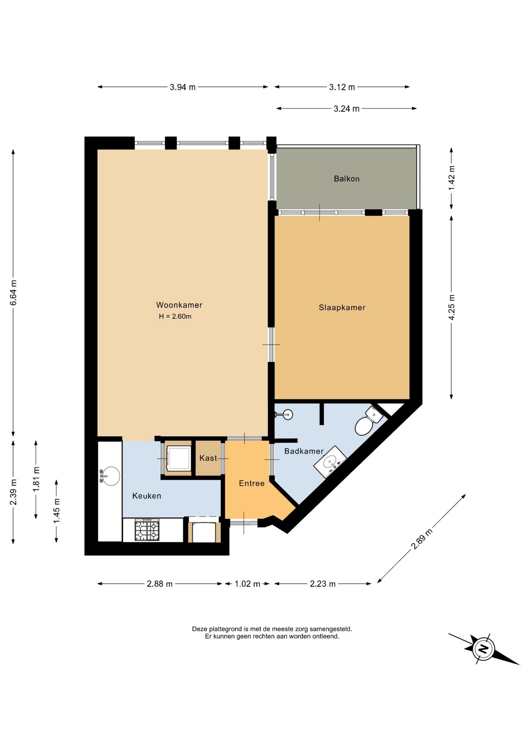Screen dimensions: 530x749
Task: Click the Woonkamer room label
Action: pyautogui.click(x=179, y=305)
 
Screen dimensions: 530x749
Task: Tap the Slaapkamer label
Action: pyautogui.click(x=342, y=307)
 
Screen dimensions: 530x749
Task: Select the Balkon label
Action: pyautogui.click(x=347, y=179)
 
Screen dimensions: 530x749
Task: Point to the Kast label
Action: pyautogui.click(x=208, y=458)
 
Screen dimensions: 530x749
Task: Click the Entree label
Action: pyautogui.click(x=252, y=483)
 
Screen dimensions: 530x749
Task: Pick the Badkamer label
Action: pyautogui.click(x=304, y=451)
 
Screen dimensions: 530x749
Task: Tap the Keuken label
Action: pyautogui.click(x=147, y=496)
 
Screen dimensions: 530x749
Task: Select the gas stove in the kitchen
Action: pyautogui.click(x=147, y=530)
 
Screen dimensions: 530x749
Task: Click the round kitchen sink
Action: pyautogui.click(x=111, y=476)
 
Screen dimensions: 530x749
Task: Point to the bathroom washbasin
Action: pyautogui.click(x=331, y=462)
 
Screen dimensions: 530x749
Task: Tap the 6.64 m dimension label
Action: pyautogui.click(x=13, y=293)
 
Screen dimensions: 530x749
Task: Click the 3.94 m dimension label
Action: pyautogui.click(x=183, y=87)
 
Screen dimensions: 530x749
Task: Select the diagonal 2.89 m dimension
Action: pyautogui.click(x=422, y=539)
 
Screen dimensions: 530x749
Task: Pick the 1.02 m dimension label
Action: pyautogui.click(x=247, y=584)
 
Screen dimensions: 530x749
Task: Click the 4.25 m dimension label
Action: pyautogui.click(x=452, y=307)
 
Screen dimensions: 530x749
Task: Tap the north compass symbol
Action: pyautogui.click(x=484, y=649)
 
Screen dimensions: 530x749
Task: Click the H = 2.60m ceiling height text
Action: pyautogui.click(x=175, y=316)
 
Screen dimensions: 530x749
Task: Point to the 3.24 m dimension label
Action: pyautogui.click(x=347, y=109)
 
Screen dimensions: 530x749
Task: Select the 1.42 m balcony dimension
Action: pyautogui.click(x=452, y=178)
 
